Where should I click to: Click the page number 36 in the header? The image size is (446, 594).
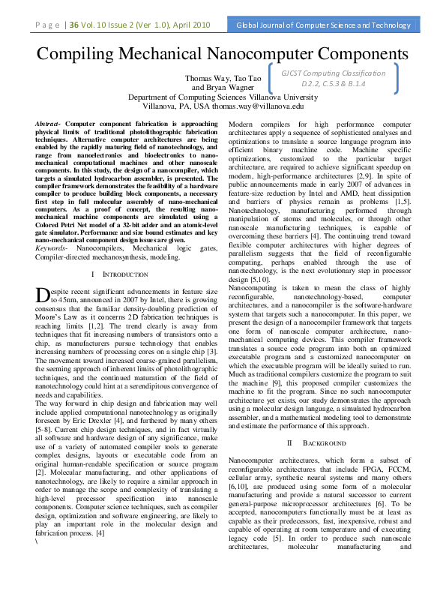click(74, 25)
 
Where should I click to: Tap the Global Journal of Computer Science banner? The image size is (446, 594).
click(324, 25)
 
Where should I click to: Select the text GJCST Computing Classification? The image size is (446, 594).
click(334, 73)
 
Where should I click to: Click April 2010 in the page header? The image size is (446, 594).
click(195, 25)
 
